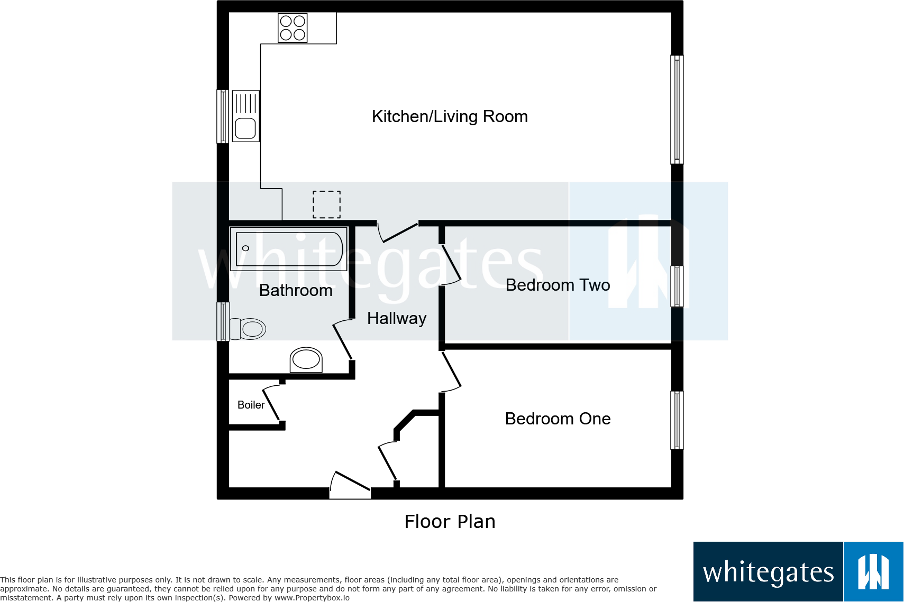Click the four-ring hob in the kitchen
coord(293,28)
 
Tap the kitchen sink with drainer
coord(245,116)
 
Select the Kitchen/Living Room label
coord(450,116)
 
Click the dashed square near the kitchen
coord(326,204)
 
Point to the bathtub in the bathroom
coord(289,248)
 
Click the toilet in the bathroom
coord(249,329)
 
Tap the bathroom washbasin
coord(306,360)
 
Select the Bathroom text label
coord(296,290)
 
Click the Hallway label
coord(397,318)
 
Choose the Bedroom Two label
coord(558,285)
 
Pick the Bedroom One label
coord(558,419)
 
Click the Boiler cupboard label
coord(251,405)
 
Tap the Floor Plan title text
coord(450,522)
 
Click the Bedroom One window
coord(677,420)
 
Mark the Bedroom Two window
coord(677,286)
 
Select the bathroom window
coord(223,321)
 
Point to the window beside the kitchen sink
coord(223,116)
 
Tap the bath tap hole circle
coord(245,248)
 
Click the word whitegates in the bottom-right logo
coord(768,573)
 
